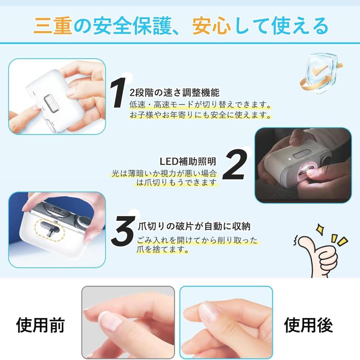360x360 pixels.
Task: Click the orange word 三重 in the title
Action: click(x=52, y=26)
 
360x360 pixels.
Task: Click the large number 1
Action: click(x=119, y=93)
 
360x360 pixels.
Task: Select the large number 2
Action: click(x=233, y=165)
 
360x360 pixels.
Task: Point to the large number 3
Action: click(x=123, y=231)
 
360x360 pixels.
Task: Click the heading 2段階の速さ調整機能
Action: click(x=174, y=93)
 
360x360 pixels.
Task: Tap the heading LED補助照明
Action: click(x=188, y=161)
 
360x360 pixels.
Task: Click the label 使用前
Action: click(x=40, y=325)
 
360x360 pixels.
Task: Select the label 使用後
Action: click(x=308, y=325)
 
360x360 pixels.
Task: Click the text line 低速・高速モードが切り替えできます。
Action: click(x=198, y=104)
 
